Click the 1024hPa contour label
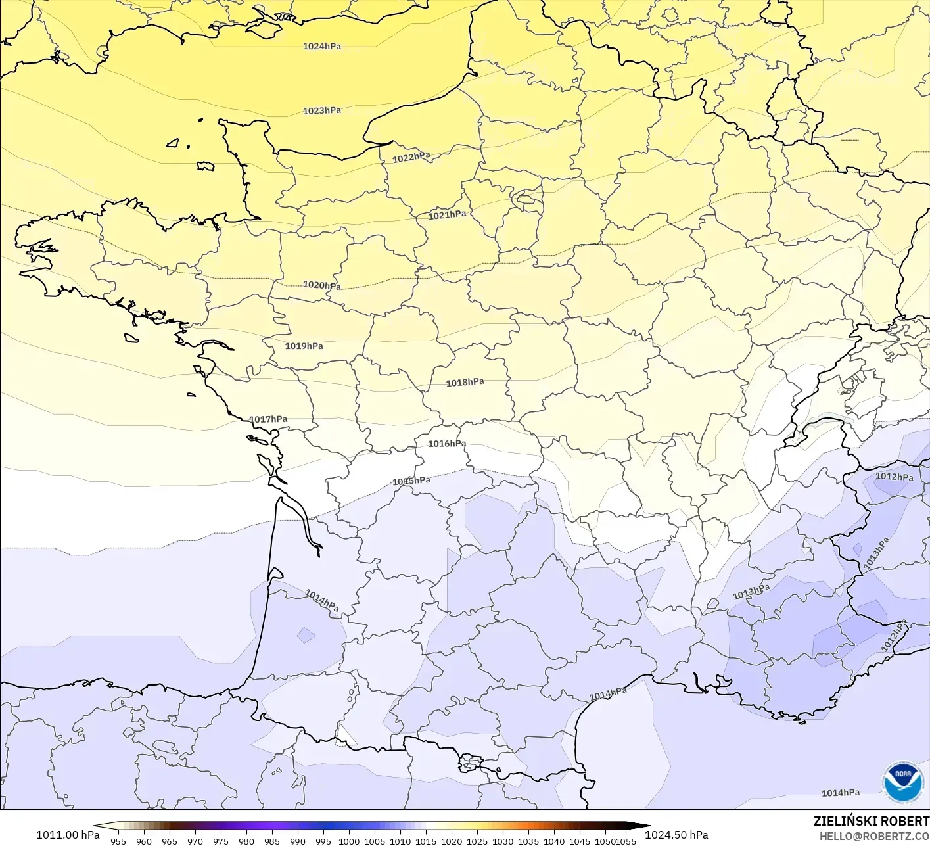click(322, 47)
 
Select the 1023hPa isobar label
click(322, 111)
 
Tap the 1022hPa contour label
click(411, 158)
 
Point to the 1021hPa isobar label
click(448, 215)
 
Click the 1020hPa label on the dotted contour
click(322, 285)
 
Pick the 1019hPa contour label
click(304, 346)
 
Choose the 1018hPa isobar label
click(465, 383)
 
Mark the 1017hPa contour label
click(268, 419)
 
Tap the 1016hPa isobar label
click(448, 444)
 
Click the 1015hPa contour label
click(411, 481)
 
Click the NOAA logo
click(902, 782)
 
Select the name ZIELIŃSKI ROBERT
click(872, 821)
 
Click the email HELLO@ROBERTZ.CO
click(874, 835)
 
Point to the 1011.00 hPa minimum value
click(68, 835)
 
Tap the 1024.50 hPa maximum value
click(676, 835)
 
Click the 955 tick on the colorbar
click(118, 841)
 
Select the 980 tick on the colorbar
click(246, 841)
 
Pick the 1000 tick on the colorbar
click(349, 841)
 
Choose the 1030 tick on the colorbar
click(503, 841)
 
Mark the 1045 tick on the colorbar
click(580, 841)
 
